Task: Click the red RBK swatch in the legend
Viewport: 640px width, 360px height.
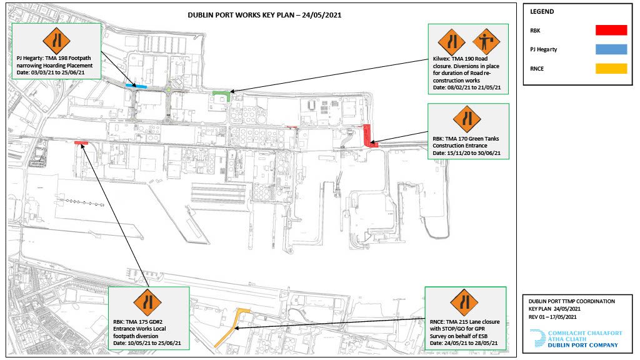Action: click(x=611, y=30)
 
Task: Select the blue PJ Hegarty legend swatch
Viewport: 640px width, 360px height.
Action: click(x=611, y=49)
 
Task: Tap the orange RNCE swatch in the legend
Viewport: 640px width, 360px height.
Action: click(x=611, y=69)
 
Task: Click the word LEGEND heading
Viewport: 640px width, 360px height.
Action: click(x=542, y=11)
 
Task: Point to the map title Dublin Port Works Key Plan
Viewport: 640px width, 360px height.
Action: click(x=264, y=15)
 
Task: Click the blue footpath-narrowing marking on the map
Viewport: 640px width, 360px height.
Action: click(x=136, y=86)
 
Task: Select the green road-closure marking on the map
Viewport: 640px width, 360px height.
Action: click(x=222, y=95)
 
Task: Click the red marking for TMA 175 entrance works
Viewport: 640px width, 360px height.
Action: click(x=81, y=143)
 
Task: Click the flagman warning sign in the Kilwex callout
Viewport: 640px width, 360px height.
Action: click(x=486, y=41)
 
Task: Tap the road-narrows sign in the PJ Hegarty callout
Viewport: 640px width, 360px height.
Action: click(x=56, y=41)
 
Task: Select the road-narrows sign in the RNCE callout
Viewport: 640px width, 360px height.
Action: click(x=464, y=302)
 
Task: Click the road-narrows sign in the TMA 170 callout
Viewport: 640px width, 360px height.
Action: click(x=467, y=119)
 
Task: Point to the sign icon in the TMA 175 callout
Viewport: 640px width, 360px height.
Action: click(x=147, y=302)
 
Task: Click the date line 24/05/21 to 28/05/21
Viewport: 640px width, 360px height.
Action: click(x=464, y=343)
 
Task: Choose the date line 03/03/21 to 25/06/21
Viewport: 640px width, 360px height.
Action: click(x=51, y=72)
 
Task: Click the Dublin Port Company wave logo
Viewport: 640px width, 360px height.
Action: click(x=537, y=338)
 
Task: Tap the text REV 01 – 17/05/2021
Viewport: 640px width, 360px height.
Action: click(x=552, y=317)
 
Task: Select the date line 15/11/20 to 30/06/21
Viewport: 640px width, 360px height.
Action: click(x=466, y=153)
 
